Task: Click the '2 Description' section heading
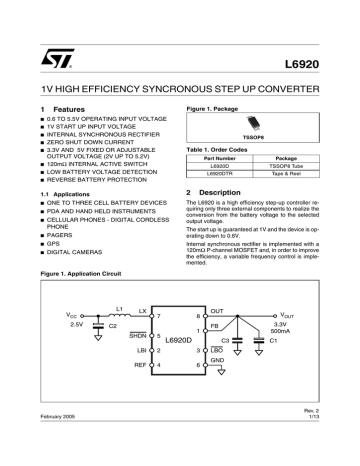click(x=207, y=191)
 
